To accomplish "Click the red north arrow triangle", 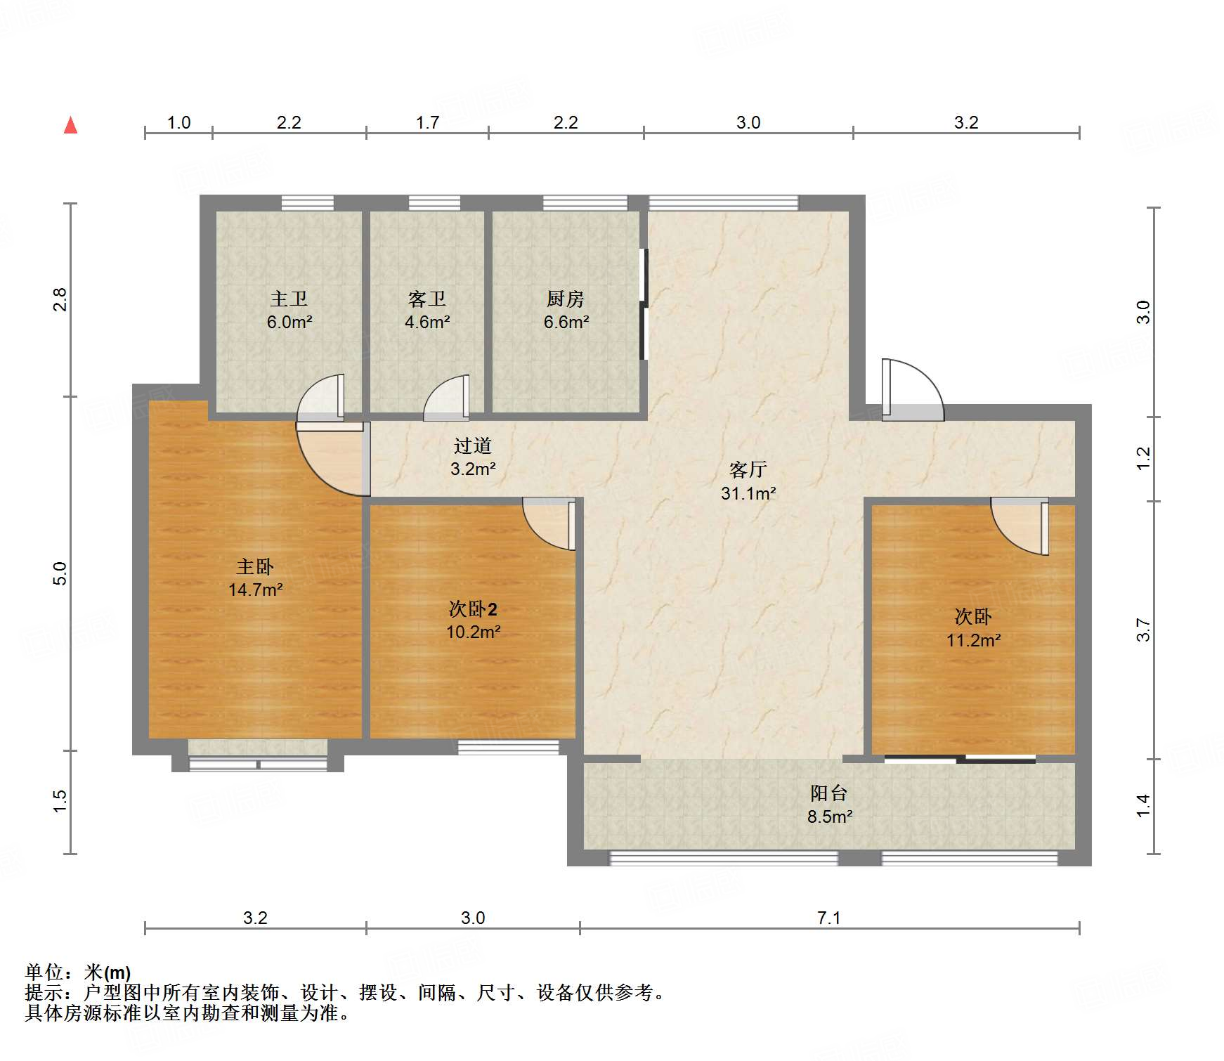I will (71, 125).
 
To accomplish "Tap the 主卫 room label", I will (289, 299).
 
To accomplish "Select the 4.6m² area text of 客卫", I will (427, 323).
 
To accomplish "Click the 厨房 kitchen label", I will (566, 299).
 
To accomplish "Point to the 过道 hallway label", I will (473, 445).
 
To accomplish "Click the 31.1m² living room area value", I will (748, 493).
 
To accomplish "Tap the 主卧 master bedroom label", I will (255, 566).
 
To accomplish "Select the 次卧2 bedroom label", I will (473, 608).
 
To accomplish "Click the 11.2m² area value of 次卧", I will (973, 640).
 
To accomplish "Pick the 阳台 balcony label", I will (829, 793).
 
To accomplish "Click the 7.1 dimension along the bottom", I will (829, 918).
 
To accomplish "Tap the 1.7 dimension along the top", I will (427, 122).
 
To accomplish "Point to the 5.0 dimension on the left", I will (60, 573).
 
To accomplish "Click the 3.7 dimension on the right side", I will (1143, 630).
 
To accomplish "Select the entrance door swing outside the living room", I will (912, 390).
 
